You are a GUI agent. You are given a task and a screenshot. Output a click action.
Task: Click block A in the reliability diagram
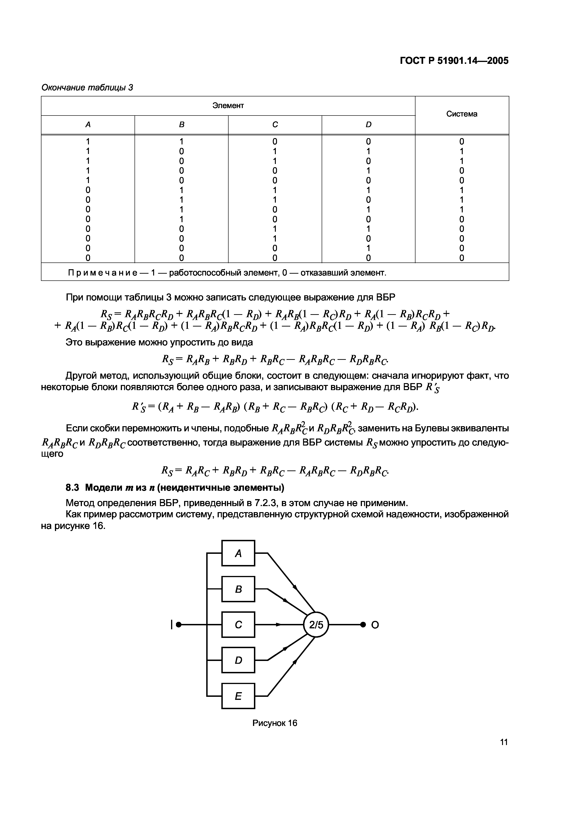238,553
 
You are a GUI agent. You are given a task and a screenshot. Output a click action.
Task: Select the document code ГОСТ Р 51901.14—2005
454,61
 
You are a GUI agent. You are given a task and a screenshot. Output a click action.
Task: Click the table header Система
462,114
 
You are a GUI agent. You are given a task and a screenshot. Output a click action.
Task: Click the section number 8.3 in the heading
73,487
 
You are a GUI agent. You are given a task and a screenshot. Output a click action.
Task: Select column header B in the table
181,125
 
